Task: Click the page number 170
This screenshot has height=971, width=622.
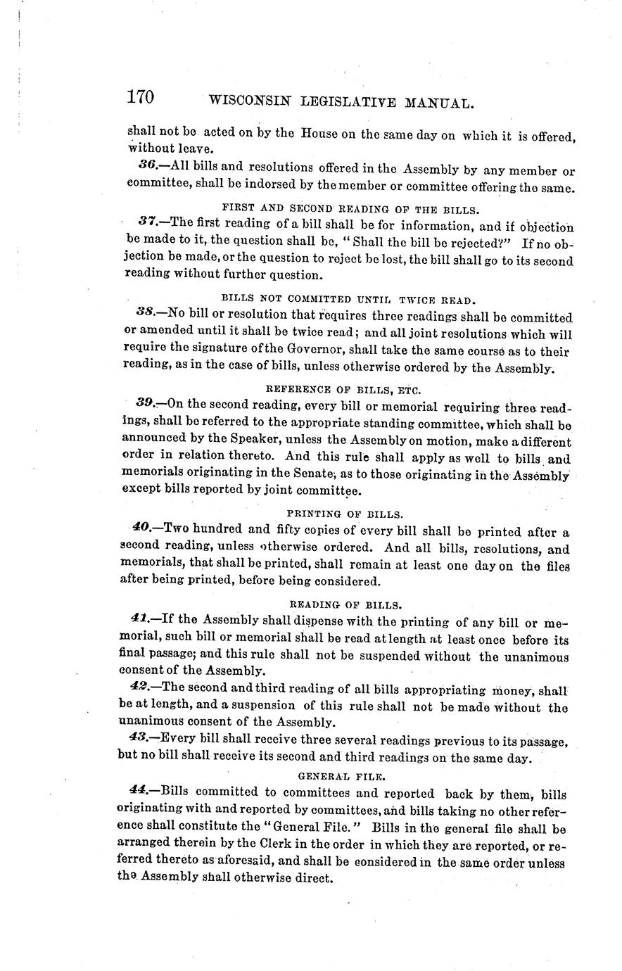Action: point(141,98)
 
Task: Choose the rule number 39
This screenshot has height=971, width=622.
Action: point(146,404)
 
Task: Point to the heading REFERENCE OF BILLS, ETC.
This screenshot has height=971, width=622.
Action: point(344,388)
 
